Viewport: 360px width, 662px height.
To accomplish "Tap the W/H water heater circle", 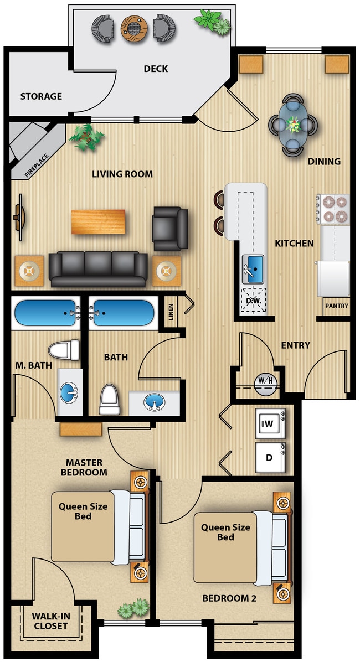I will point(265,381).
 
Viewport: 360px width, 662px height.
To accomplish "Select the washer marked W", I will point(270,424).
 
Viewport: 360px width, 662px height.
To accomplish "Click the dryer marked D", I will point(270,458).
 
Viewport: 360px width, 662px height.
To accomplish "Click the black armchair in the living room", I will point(170,228).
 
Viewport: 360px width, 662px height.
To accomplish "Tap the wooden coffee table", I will point(98,221).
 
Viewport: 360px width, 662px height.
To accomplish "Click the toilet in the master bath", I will point(65,350).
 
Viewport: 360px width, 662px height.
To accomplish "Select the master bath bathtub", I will point(45,313).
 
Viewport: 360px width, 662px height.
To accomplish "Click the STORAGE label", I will point(42,96).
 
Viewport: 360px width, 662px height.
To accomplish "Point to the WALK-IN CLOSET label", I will point(50,621).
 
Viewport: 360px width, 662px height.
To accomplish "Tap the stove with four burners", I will point(333,209).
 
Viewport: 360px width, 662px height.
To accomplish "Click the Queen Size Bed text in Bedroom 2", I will point(225,532).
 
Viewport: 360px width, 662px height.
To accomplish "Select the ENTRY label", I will point(295,345).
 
